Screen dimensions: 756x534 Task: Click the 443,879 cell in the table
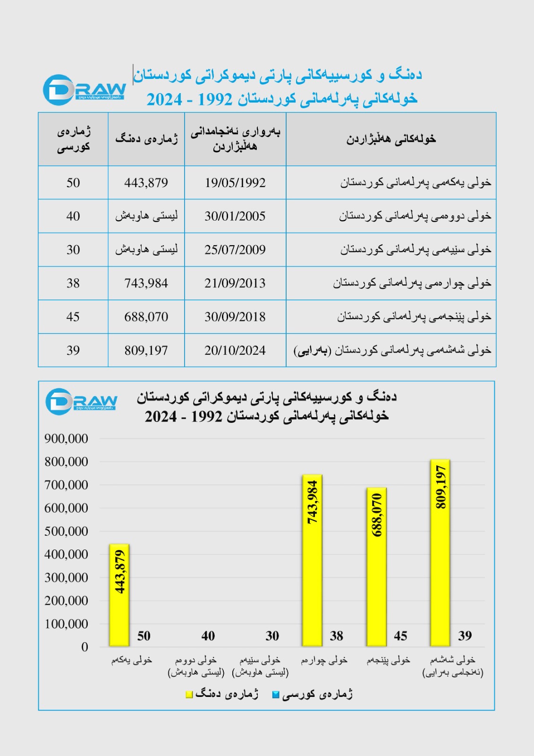(x=146, y=183)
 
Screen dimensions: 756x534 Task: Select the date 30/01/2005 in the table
(x=235, y=216)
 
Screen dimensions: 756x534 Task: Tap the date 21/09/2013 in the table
(x=235, y=283)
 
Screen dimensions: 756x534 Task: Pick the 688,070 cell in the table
(x=146, y=317)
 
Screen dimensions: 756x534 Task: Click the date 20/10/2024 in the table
(x=235, y=351)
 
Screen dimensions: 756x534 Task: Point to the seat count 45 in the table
(x=73, y=317)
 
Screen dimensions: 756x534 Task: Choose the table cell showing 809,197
(x=146, y=351)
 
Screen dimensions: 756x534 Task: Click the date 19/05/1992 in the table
(x=235, y=183)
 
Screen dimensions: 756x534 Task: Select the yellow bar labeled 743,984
(x=312, y=560)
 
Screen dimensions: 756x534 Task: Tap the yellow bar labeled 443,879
(x=119, y=595)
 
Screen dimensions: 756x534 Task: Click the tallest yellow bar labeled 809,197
(x=440, y=553)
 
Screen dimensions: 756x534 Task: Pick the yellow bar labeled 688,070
(x=376, y=567)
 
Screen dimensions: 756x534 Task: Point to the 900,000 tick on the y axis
(x=66, y=439)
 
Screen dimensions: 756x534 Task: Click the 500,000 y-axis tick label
(x=66, y=532)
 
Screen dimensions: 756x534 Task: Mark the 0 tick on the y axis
(x=85, y=647)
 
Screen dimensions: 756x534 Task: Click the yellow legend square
(x=189, y=695)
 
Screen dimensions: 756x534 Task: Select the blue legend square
(x=276, y=695)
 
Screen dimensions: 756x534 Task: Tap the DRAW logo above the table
(x=84, y=90)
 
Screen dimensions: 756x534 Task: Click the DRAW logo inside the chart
(x=81, y=402)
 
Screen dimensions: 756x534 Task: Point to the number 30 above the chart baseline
(x=272, y=636)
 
